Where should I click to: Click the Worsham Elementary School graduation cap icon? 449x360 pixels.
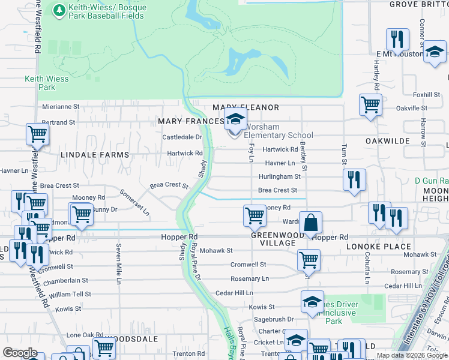[235, 119]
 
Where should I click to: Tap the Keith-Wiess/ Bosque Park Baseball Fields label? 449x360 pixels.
[99, 11]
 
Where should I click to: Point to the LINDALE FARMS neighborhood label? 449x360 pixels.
[95, 155]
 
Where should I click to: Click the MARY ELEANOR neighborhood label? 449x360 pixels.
[246, 107]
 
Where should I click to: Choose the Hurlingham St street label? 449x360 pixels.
[279, 176]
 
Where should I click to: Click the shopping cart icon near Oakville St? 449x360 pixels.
[370, 105]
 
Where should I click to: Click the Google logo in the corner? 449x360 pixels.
[20, 353]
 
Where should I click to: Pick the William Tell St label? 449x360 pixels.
[70, 294]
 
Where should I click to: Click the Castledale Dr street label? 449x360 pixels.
[182, 137]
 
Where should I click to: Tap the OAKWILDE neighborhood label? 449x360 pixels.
[387, 140]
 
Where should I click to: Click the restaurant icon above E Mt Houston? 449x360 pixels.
[397, 40]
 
